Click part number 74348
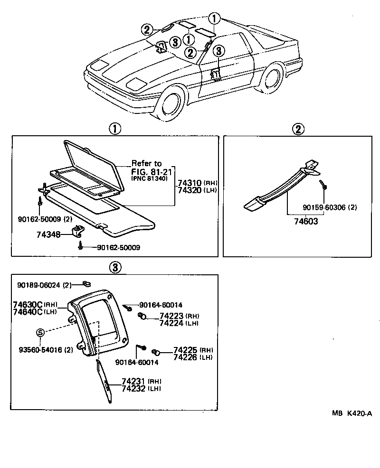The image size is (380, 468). coord(48,234)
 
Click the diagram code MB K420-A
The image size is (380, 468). coord(352,413)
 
